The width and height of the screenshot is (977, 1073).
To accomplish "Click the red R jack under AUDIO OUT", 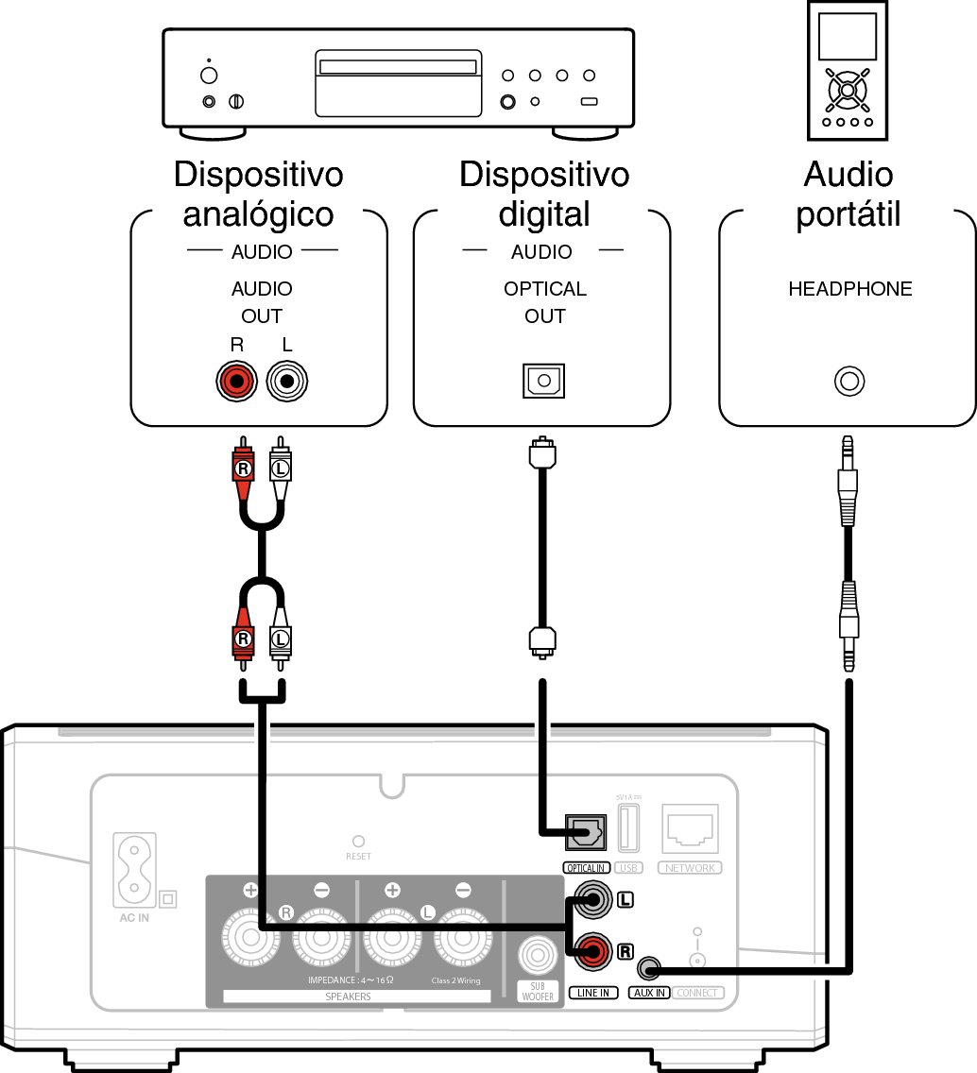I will point(236,383).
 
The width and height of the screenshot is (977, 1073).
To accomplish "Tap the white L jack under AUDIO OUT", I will point(287,383).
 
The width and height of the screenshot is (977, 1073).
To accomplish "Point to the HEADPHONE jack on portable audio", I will point(849,383).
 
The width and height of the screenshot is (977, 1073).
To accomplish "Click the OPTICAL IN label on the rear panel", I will point(586,868).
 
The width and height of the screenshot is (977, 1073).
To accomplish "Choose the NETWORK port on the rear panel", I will point(691,828).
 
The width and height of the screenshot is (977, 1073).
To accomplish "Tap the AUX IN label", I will point(649,993).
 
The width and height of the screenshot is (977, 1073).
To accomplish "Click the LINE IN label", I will point(594,993).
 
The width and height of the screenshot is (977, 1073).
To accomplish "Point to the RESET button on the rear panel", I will point(358,840).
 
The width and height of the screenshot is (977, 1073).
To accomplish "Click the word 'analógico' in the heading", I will point(258,214).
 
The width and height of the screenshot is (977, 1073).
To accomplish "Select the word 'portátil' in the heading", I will point(848,214).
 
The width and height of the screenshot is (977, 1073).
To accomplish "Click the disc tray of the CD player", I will point(397,69).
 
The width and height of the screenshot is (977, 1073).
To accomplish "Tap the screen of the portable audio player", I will point(848,38).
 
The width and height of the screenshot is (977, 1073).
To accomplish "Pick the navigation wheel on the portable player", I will point(848,90).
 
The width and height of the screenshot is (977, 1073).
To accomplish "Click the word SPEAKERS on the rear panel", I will point(348,996).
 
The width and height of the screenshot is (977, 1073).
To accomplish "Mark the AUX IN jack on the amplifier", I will point(649,968).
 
